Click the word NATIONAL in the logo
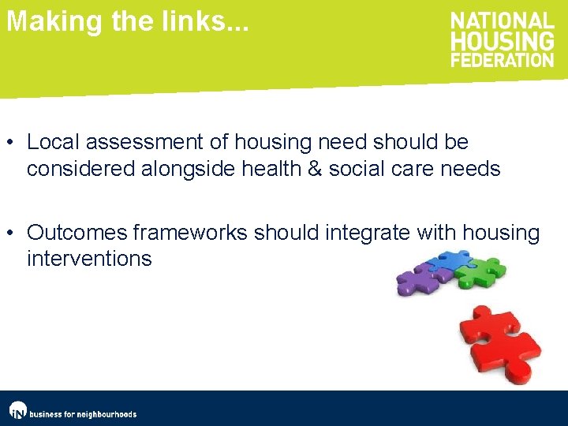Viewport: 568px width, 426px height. tap(503, 22)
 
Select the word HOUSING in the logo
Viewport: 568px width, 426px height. tap(503, 41)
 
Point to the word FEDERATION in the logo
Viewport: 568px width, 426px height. tap(503, 59)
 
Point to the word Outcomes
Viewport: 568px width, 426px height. tap(77, 233)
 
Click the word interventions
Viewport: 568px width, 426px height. tap(89, 259)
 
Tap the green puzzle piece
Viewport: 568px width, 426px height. tap(483, 271)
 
